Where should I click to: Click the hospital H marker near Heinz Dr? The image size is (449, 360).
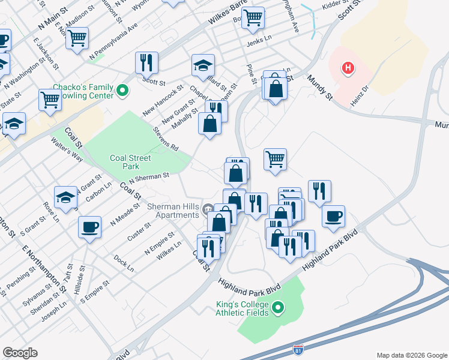pyautogui.click(x=348, y=68)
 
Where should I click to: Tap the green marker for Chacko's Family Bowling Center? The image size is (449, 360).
pyautogui.click(x=123, y=91)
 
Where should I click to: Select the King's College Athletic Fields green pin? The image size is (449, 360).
pyautogui.click(x=277, y=308)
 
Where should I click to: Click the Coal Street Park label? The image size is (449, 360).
pyautogui.click(x=125, y=162)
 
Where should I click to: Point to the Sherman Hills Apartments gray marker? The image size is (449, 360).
pyautogui.click(x=208, y=209)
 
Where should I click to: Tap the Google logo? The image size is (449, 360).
pyautogui.click(x=20, y=353)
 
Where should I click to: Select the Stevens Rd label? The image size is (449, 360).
pyautogui.click(x=166, y=139)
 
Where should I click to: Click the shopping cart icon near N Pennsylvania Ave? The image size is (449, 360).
pyautogui.click(x=77, y=38)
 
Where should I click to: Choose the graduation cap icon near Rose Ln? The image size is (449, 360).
pyautogui.click(x=66, y=196)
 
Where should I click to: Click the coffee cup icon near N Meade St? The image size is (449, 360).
pyautogui.click(x=90, y=227)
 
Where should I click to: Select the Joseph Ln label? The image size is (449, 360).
pyautogui.click(x=54, y=312)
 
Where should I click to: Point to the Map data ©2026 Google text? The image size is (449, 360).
pyautogui.click(x=411, y=355)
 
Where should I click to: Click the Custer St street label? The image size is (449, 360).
pyautogui.click(x=139, y=233)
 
